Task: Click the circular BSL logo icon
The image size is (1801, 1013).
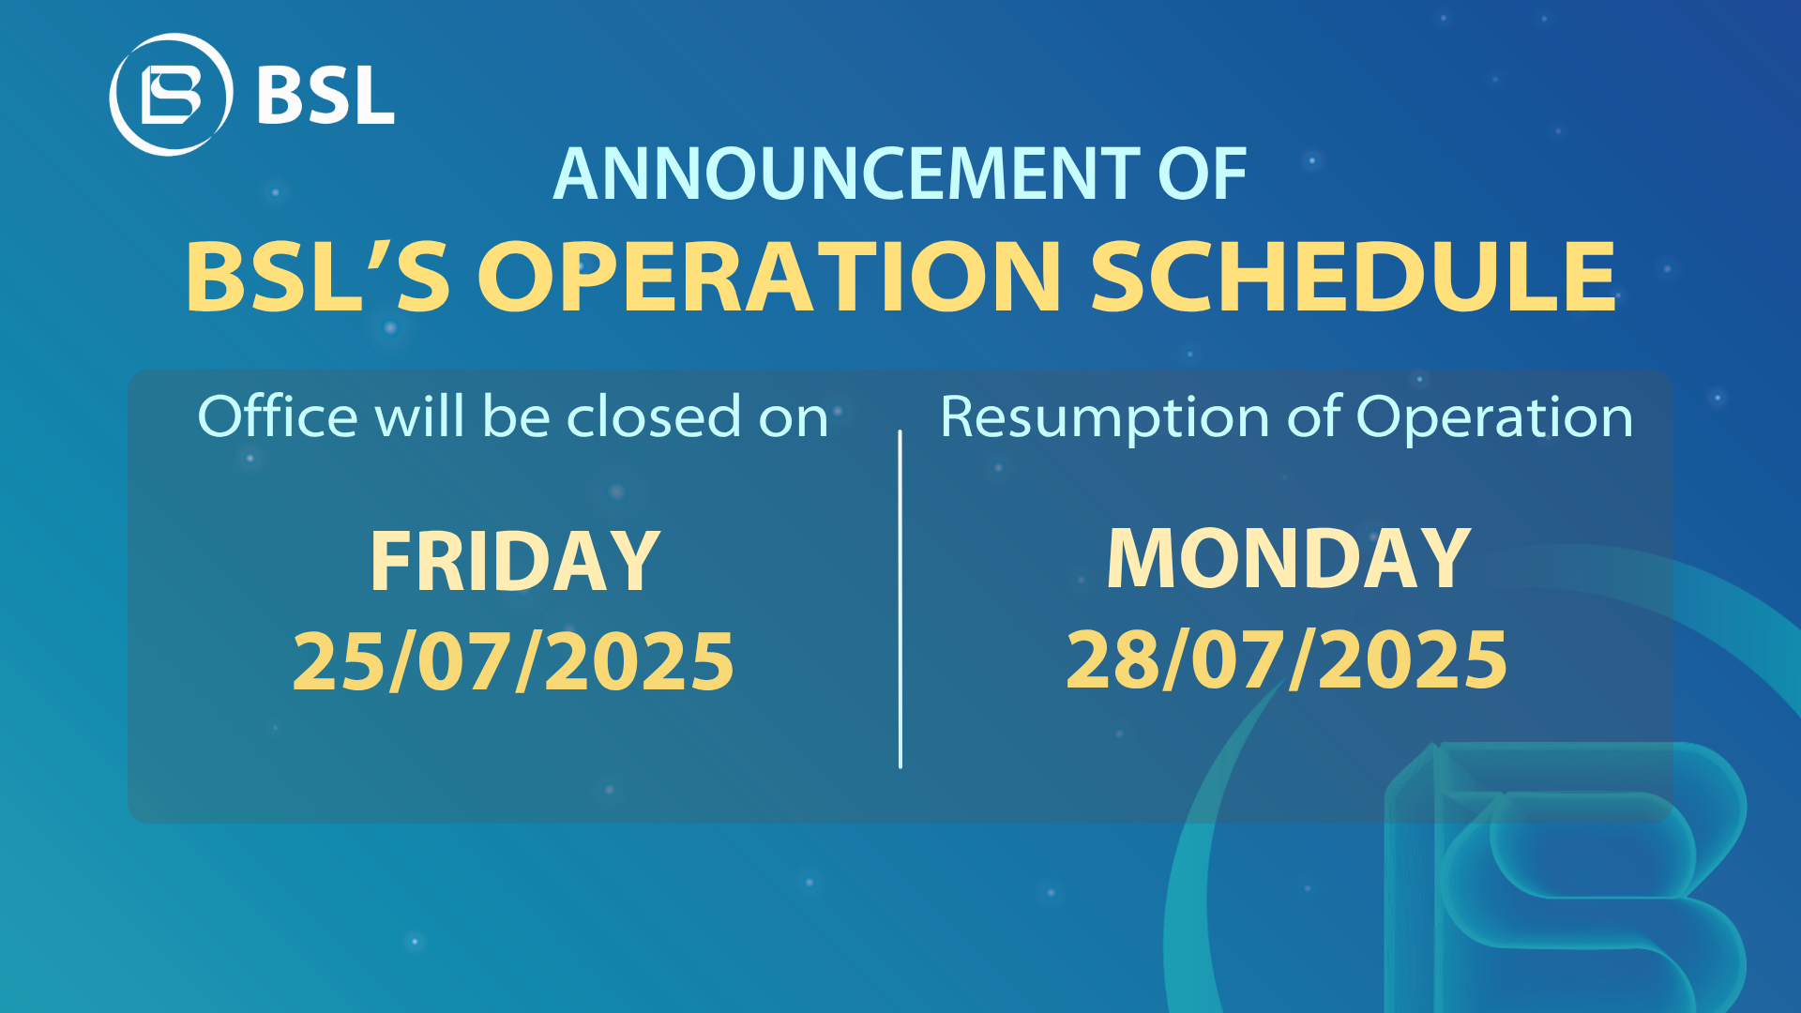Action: coord(171,95)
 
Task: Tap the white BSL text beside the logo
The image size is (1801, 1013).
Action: coord(325,95)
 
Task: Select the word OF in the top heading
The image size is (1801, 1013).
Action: coord(1203,174)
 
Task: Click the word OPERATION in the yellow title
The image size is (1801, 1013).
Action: coord(769,277)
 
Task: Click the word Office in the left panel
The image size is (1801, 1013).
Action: coord(278,416)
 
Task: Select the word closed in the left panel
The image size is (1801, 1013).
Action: coord(655,416)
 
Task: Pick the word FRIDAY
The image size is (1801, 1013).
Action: coord(515,561)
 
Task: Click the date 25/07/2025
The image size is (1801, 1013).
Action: coord(513,661)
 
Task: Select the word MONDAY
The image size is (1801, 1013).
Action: coord(1289,559)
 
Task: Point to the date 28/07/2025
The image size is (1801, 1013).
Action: coord(1287,659)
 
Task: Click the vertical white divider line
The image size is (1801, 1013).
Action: coord(900,599)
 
